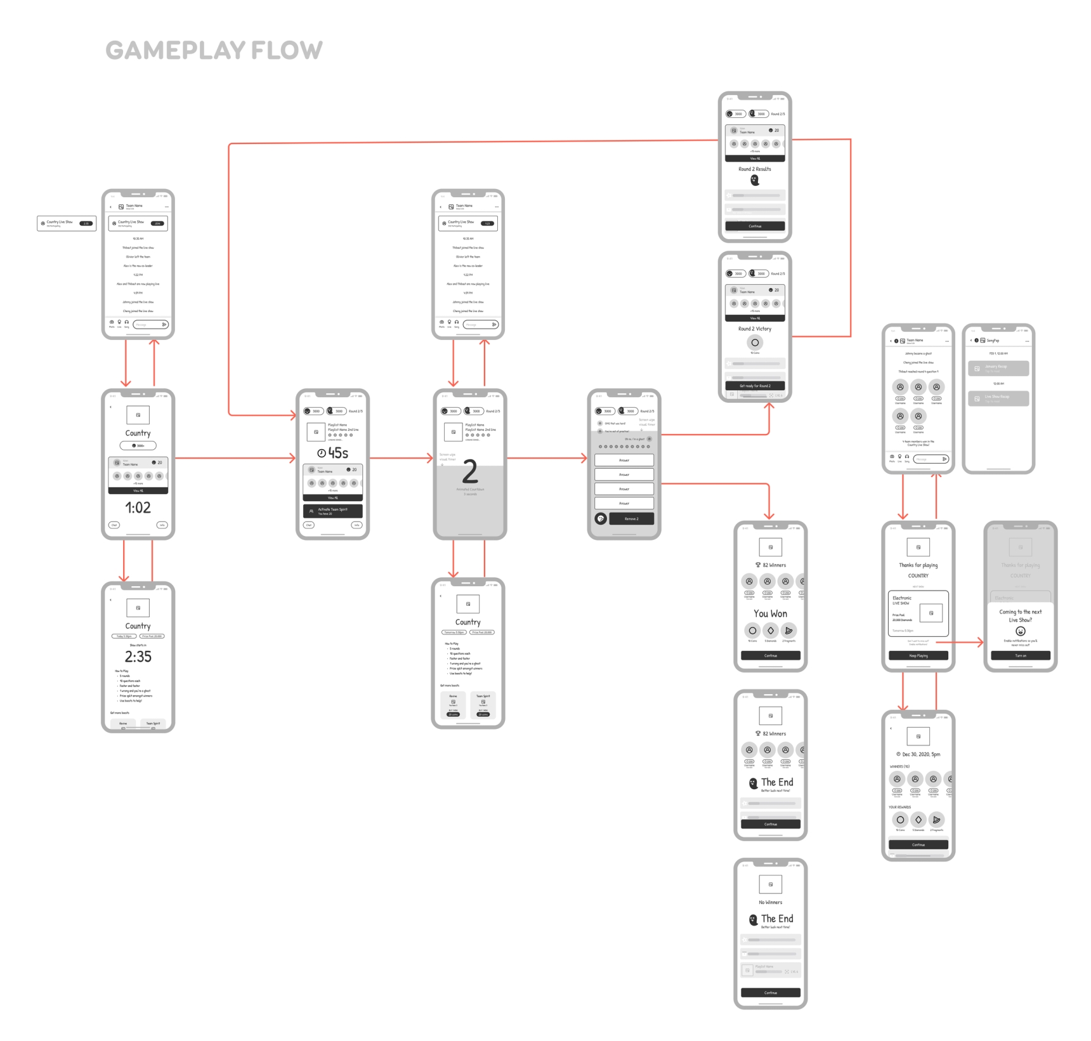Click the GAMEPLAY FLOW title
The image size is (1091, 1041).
tap(214, 50)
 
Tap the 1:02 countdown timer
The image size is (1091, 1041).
tap(138, 507)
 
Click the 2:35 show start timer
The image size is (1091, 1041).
tap(138, 657)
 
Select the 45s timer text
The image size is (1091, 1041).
tap(333, 453)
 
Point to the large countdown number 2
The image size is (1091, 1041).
tap(470, 472)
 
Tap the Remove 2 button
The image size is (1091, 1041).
tap(631, 519)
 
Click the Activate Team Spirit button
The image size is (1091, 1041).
tap(333, 511)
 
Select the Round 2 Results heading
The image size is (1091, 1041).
tap(755, 169)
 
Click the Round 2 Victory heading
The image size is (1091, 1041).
tap(755, 329)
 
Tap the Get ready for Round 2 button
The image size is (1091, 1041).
tap(755, 386)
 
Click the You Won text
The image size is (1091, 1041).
tap(770, 613)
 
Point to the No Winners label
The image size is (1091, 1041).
tap(770, 902)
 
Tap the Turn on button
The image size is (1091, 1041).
tap(1020, 655)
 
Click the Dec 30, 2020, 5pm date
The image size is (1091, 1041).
tap(918, 754)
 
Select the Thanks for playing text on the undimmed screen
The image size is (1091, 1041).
tap(918, 565)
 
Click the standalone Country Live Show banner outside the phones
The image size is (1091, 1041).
tap(67, 223)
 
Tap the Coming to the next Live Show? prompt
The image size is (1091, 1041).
tap(1020, 616)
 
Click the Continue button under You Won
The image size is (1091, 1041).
tap(770, 655)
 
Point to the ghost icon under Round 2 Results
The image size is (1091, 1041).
tap(755, 180)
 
